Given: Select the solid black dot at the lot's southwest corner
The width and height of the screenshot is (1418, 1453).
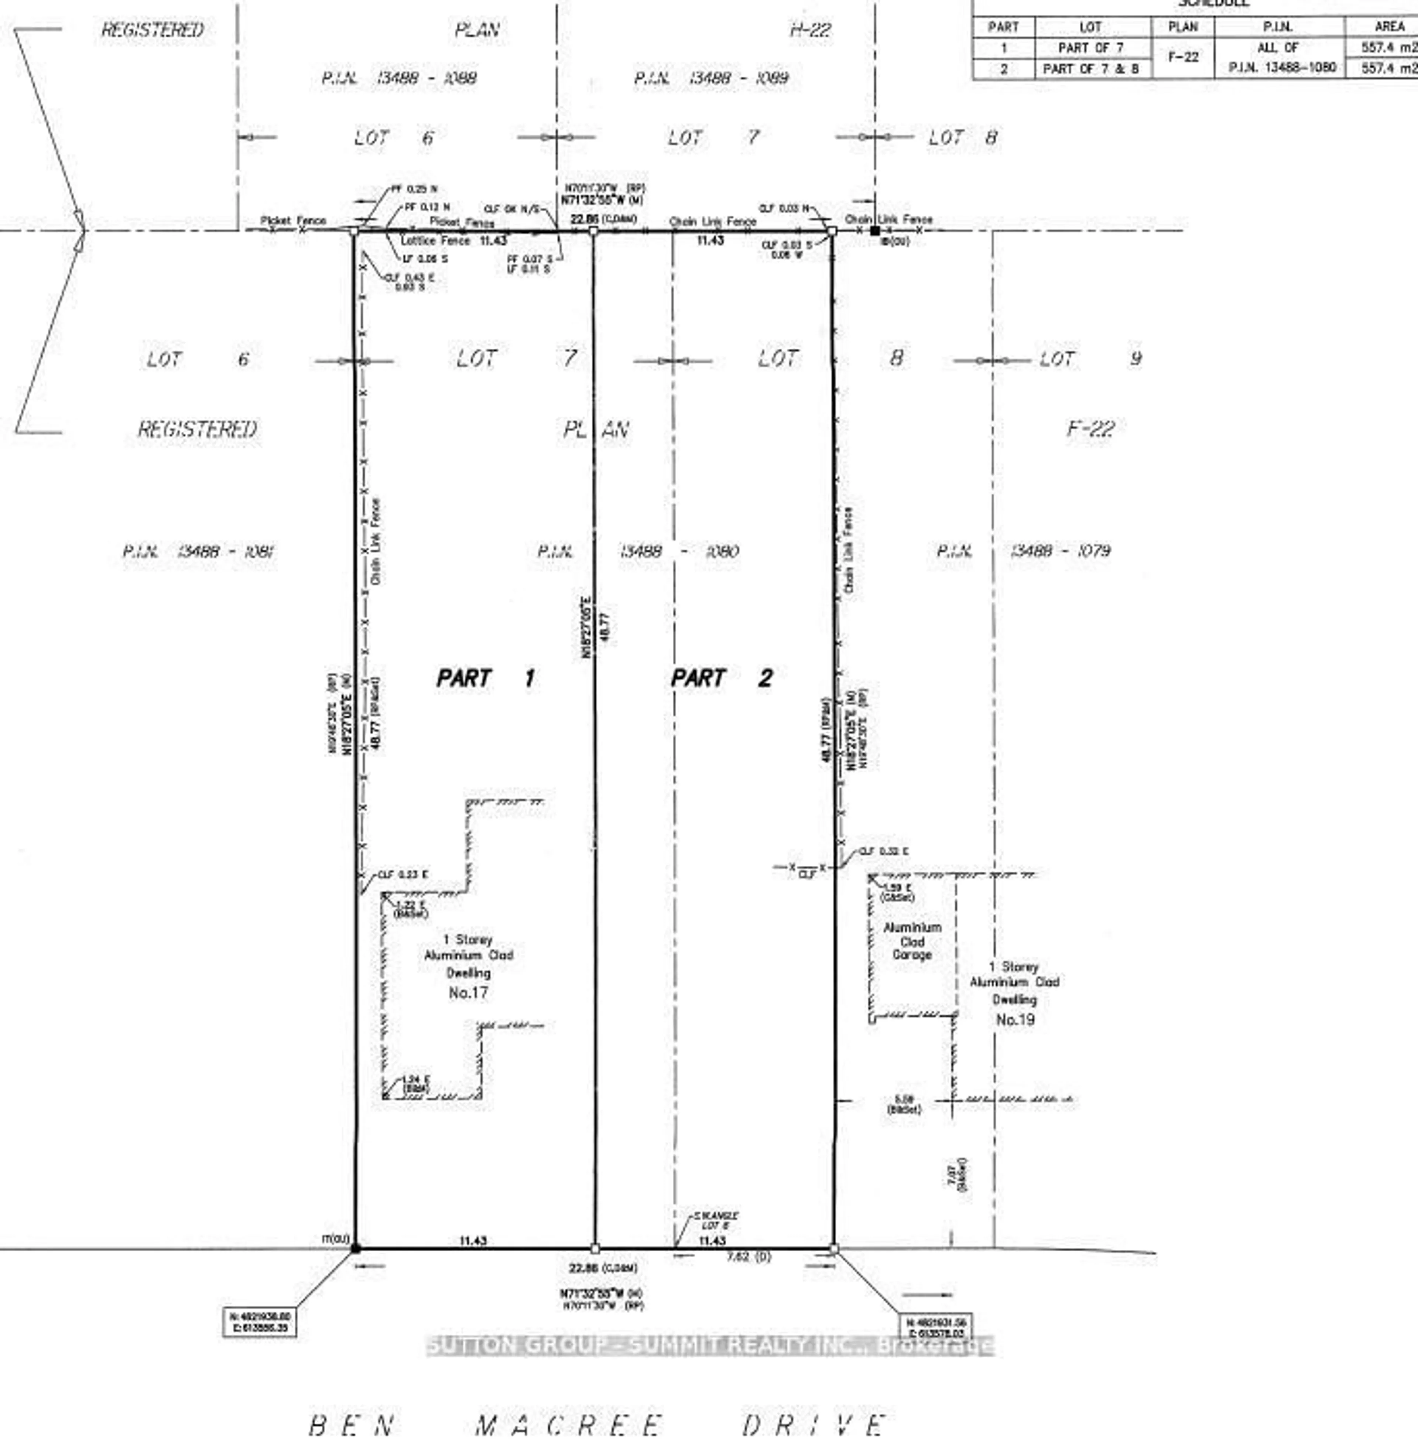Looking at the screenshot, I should [x=355, y=1248].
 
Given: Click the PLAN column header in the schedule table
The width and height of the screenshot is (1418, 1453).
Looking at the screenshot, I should [x=1183, y=27].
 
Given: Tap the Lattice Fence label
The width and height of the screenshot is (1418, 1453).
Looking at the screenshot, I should [x=435, y=240].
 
